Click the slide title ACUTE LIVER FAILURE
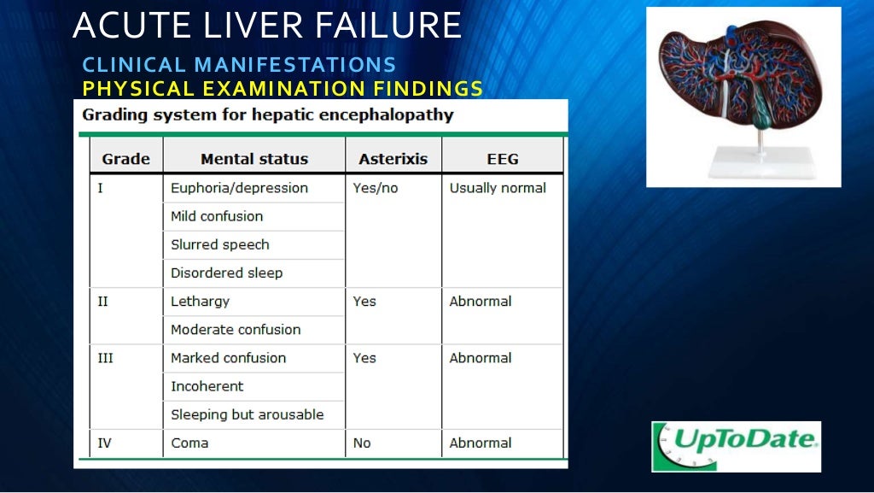[267, 26]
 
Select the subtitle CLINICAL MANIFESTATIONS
[239, 65]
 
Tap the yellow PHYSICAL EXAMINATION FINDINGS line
[283, 88]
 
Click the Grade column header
[125, 159]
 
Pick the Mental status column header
[254, 159]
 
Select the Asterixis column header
[393, 159]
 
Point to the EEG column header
[503, 159]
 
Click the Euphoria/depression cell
[239, 188]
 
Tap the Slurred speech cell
[220, 244]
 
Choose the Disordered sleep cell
[226, 273]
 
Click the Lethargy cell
[200, 302]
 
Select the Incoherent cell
[207, 386]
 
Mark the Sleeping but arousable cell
[248, 414]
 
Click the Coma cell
[189, 443]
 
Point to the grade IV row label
[104, 443]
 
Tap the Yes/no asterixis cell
[376, 188]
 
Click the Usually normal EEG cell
[498, 188]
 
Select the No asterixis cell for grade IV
[362, 443]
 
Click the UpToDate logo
[736, 446]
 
